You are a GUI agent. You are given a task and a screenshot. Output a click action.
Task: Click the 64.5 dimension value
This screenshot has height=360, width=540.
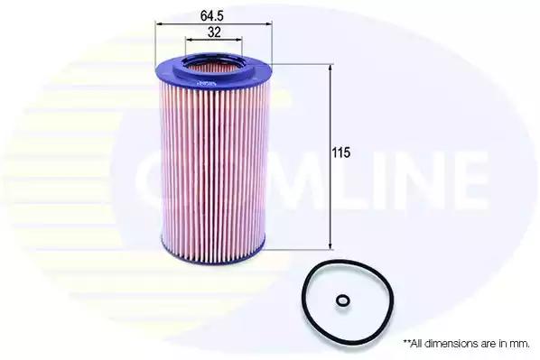coord(212,16)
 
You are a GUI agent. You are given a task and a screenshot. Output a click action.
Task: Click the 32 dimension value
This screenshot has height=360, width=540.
coord(214,32)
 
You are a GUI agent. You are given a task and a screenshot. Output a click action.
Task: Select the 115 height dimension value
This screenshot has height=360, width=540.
coord(341,152)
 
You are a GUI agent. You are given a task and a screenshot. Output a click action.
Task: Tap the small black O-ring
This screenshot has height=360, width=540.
coord(342,300)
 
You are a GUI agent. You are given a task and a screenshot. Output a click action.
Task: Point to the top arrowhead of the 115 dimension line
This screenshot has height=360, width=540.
coord(331,69)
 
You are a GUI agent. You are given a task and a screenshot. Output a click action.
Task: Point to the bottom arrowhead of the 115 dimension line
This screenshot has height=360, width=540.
coord(331,245)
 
